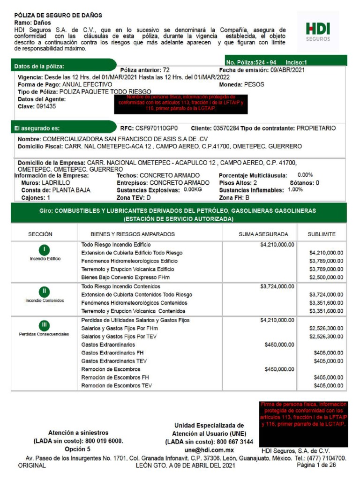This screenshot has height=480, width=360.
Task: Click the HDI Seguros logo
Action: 318,31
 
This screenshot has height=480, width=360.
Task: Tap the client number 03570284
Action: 226,128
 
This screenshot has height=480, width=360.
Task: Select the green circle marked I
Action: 45,250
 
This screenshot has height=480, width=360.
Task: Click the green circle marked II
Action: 45,291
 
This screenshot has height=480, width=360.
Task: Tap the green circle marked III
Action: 45,324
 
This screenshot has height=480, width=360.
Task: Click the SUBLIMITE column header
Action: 321,234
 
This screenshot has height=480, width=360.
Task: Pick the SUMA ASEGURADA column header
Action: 263,234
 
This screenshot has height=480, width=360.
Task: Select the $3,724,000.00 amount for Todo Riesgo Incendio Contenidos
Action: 277,286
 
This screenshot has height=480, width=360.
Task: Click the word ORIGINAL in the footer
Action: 32,466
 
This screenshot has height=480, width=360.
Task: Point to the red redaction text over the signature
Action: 303,414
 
